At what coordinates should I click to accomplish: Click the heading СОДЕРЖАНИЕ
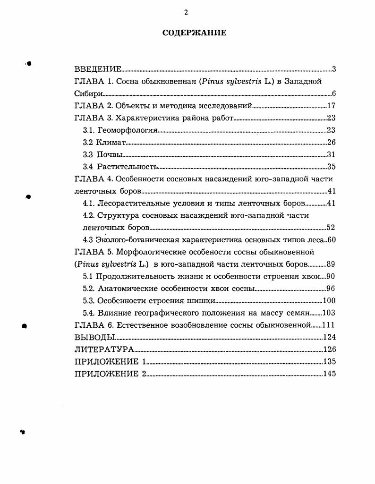point(195,33)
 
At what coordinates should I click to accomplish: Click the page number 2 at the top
point(186,12)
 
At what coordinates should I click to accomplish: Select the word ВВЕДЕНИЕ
point(98,69)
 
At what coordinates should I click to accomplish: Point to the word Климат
point(111,143)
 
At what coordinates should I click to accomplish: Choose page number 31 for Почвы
point(331,155)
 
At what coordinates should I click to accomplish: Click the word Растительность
point(127,167)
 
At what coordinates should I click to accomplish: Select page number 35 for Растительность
point(331,167)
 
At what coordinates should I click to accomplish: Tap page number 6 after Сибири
point(333,93)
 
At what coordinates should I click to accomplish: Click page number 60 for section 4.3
point(331,240)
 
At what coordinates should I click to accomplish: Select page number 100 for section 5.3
point(329,301)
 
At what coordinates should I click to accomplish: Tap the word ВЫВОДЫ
point(95,337)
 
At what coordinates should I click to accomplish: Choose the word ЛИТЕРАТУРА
point(104,349)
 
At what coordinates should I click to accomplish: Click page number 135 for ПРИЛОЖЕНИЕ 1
point(329,362)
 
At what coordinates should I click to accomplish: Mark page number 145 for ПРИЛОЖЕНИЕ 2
point(329,374)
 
